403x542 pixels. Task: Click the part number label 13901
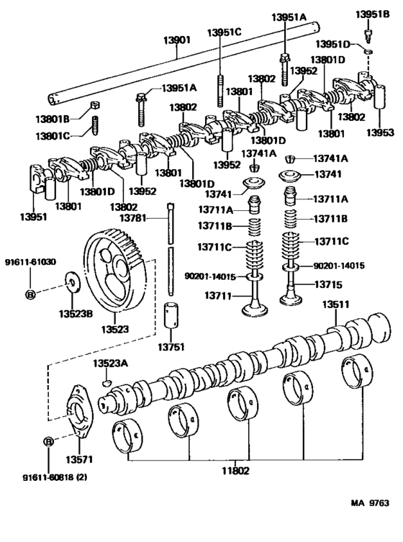176,41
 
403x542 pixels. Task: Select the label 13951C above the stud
225,32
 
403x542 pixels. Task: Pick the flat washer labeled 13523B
71,280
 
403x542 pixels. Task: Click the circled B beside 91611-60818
48,441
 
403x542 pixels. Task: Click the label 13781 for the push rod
134,217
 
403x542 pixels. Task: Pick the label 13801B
55,119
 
